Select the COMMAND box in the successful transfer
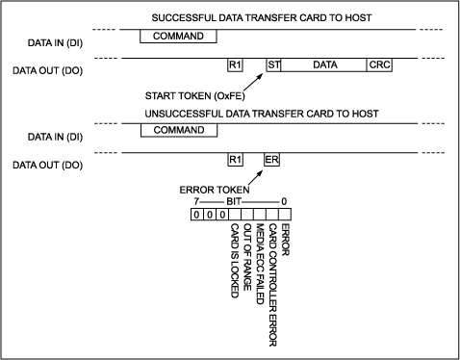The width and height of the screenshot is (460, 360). point(177,36)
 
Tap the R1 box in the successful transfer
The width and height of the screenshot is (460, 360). point(234,64)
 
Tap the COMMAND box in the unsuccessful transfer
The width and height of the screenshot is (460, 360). point(177,130)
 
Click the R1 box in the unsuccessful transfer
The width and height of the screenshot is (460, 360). point(234,159)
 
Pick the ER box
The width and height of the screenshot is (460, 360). point(272,159)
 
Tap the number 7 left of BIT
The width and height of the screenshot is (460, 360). point(195,201)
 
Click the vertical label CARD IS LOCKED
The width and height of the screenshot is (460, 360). point(234,260)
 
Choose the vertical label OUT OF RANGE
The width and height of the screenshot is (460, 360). point(247,257)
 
